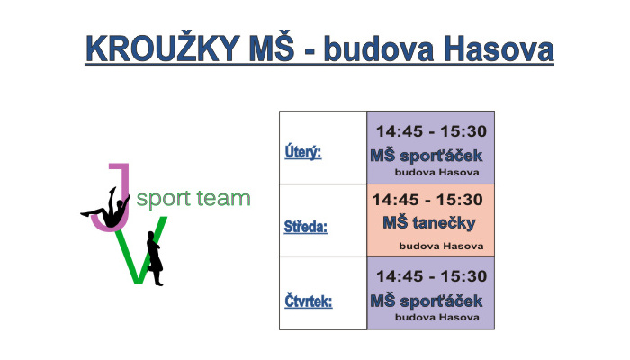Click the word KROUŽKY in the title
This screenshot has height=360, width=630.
coord(163,48)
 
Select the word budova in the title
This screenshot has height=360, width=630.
coord(379,49)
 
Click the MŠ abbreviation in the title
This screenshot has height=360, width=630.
coord(271,48)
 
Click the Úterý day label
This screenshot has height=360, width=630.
coord(303,152)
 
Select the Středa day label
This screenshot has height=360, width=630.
coord(306,227)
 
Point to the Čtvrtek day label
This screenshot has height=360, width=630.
coord(308,301)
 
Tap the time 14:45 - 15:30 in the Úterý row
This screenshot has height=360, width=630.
coord(431,131)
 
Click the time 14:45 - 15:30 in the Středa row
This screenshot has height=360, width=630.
coord(427,200)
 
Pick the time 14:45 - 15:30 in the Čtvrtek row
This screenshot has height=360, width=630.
coord(431,276)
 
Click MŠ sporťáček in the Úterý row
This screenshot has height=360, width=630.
coord(426,156)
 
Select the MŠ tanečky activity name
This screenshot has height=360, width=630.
coord(429,223)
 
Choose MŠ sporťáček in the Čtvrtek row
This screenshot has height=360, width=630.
coord(426,301)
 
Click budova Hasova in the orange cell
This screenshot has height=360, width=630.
coord(441,246)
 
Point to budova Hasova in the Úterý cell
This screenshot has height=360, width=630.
coord(436,173)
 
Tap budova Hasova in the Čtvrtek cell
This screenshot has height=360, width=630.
coord(436,317)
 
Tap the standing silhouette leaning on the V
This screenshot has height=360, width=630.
coord(155,258)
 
